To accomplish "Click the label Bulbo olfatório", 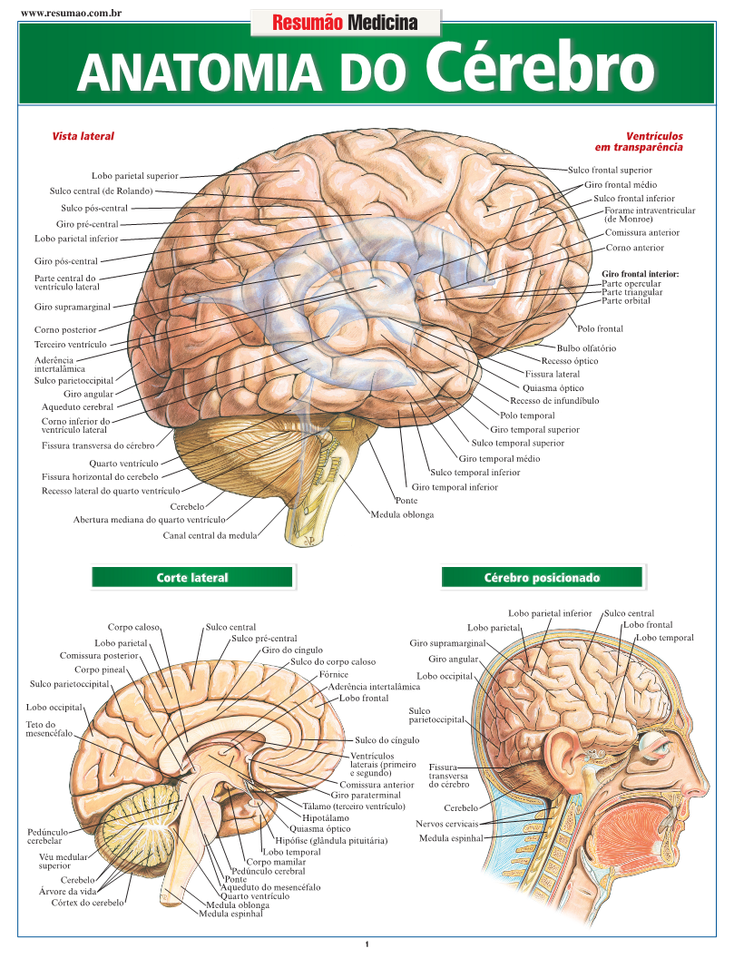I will tap(586, 348).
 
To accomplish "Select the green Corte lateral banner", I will tap(192, 577).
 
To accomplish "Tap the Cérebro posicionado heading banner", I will tap(542, 577).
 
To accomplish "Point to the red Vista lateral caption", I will tap(83, 136).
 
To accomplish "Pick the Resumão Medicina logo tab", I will tap(345, 23).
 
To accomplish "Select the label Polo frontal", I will tap(600, 328).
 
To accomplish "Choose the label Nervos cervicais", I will tap(446, 824).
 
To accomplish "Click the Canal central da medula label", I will tap(210, 535).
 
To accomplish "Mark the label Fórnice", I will tap(334, 675).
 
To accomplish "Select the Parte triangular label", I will tap(631, 292).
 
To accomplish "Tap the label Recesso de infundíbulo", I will tap(553, 400).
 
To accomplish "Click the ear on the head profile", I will tap(560, 752).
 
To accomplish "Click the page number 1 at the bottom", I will tap(367, 944).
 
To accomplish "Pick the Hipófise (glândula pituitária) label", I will tap(330, 841).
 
